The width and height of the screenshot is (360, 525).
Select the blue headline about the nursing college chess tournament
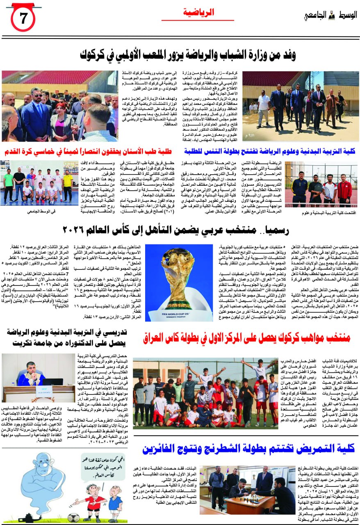(x=248, y=448)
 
